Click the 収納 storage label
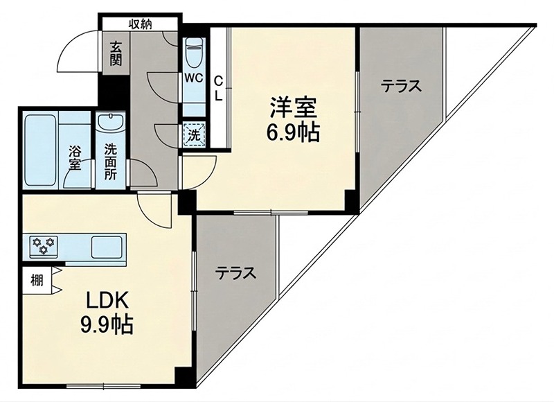(x=141, y=24)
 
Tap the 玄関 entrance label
(x=116, y=54)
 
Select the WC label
(x=194, y=78)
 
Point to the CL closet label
(x=219, y=89)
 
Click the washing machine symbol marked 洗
(x=194, y=134)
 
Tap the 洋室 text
(x=293, y=107)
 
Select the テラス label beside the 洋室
(x=402, y=86)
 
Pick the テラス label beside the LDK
(x=235, y=273)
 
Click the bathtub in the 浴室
(x=40, y=150)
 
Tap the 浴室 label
(x=75, y=158)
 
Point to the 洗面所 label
(x=111, y=162)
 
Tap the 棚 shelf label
(x=37, y=281)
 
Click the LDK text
(x=107, y=301)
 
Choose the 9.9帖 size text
(x=107, y=325)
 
